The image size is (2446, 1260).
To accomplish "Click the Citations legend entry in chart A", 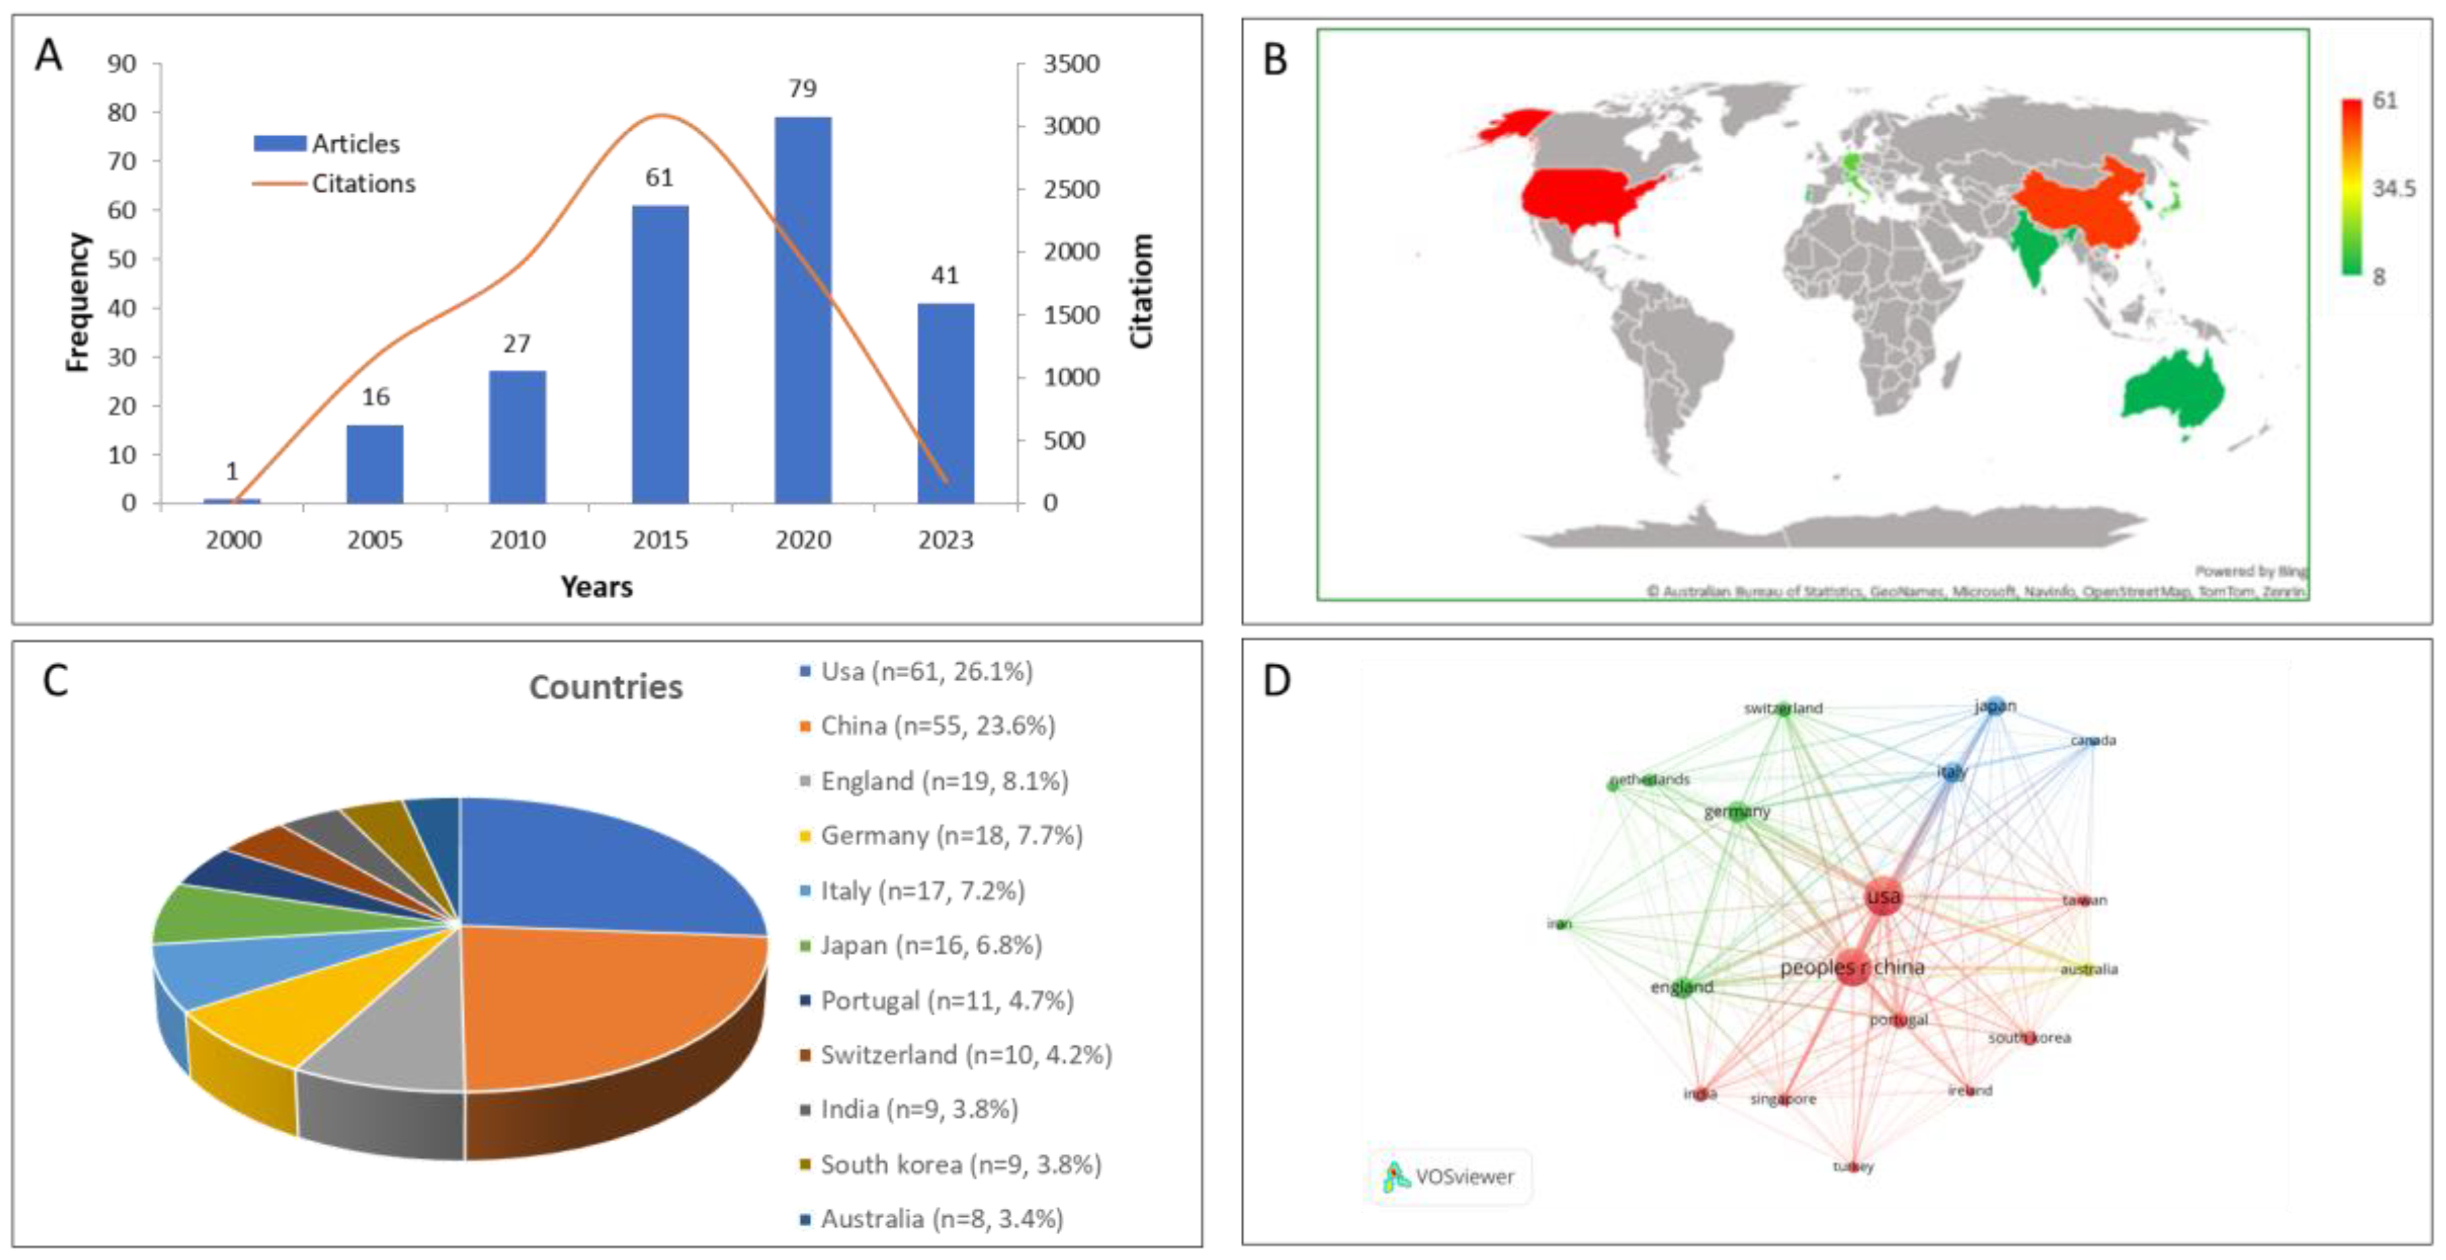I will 363,183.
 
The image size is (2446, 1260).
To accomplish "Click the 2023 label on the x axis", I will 945,540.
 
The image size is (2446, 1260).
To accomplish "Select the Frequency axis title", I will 78,302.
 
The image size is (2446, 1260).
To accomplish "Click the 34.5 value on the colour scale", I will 2393,188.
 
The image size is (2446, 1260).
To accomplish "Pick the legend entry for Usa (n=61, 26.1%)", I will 926,671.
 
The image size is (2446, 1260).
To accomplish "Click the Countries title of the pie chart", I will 606,687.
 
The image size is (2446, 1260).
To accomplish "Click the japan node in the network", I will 1995,706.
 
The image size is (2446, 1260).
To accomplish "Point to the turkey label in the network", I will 1853,1166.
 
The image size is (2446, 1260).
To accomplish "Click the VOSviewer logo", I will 1449,1176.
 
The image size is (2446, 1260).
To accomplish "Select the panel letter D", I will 1276,680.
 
